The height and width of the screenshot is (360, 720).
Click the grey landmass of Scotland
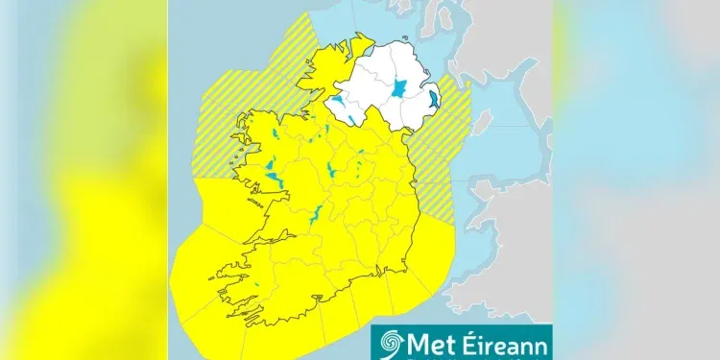(499, 38)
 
